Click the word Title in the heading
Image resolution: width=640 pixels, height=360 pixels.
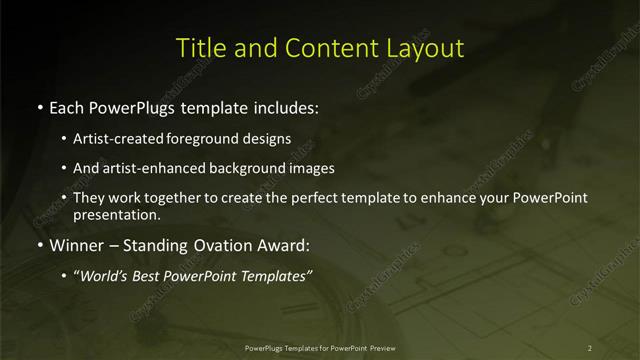[x=198, y=47]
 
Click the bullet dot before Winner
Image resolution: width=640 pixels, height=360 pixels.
[x=39, y=245]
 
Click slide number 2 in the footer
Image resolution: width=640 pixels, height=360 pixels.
[x=590, y=347]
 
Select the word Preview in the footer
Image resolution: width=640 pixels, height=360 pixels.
[x=396, y=347]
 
